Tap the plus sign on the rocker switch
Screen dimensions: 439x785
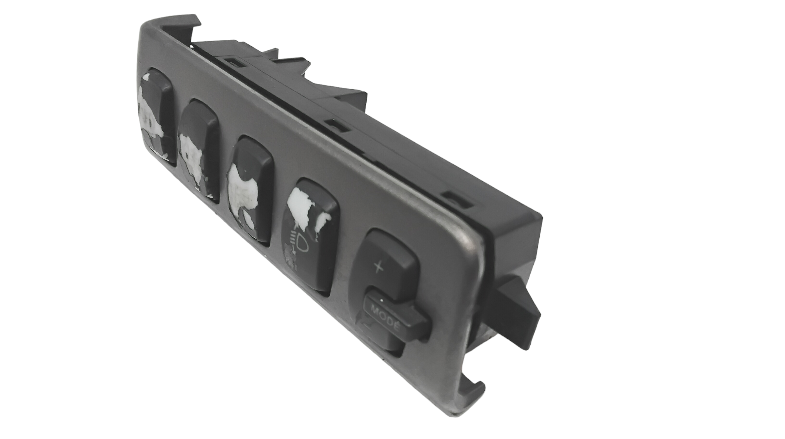378,267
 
